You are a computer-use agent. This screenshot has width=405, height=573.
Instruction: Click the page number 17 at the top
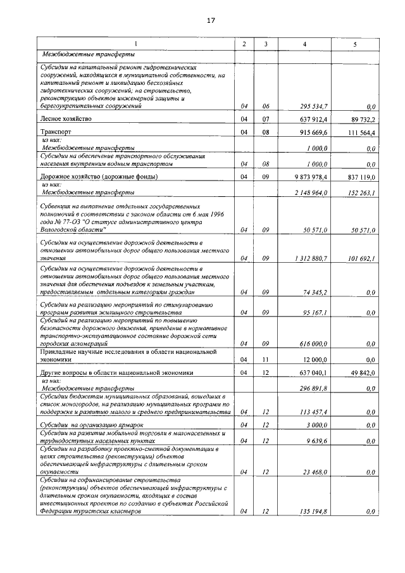coord(211,20)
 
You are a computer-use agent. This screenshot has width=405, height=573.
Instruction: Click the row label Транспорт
coord(56,132)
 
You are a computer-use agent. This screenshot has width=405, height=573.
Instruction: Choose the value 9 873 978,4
coord(309,177)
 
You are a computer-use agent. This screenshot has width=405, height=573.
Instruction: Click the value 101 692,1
coord(361,258)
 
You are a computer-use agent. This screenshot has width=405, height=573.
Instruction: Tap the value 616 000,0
coord(313,343)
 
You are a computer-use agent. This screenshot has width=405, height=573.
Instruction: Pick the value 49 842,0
coord(363,373)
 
